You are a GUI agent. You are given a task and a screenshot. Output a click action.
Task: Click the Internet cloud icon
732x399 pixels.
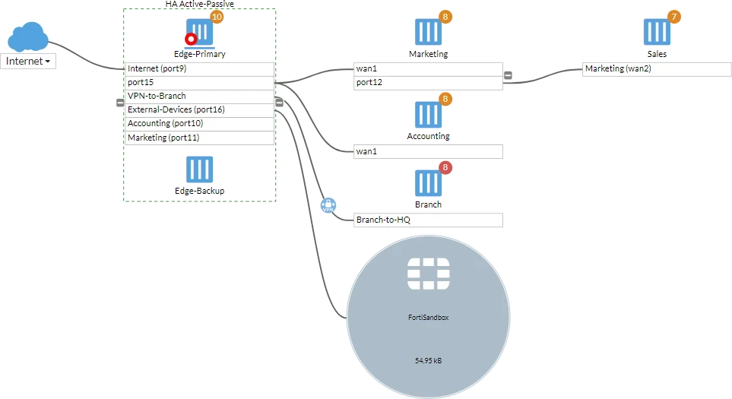28,37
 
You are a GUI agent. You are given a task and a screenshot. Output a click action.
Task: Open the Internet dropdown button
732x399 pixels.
28,61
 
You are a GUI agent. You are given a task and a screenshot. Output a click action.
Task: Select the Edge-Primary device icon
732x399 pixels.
200,32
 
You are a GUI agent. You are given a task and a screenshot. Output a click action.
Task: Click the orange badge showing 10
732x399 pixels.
217,17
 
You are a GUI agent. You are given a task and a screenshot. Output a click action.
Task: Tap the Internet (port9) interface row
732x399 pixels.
199,69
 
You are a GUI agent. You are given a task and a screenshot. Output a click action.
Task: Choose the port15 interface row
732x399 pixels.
199,83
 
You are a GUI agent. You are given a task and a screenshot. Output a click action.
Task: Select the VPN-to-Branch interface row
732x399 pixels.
199,96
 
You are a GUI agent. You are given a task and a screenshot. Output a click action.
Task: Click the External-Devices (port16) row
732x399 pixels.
199,110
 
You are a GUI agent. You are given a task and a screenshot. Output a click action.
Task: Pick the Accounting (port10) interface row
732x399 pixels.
199,124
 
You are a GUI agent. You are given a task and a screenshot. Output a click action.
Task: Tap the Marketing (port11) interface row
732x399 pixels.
199,138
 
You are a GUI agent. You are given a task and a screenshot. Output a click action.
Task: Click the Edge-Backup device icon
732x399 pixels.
200,169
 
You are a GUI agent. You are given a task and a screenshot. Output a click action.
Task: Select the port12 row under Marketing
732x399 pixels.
428,83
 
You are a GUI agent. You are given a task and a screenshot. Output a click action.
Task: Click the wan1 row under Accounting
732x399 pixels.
428,152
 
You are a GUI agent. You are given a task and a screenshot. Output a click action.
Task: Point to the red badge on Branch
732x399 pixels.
445,167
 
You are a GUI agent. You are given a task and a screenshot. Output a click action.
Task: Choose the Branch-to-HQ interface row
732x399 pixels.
428,220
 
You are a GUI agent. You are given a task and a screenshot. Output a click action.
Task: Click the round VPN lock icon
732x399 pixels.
328,205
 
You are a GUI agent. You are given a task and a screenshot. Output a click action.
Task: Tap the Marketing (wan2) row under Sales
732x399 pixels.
657,69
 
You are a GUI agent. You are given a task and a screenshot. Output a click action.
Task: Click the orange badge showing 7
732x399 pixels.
673,17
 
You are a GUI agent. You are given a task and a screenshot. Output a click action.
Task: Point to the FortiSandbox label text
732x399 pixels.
428,318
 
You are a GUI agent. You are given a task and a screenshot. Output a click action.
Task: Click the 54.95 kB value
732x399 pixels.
428,361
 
